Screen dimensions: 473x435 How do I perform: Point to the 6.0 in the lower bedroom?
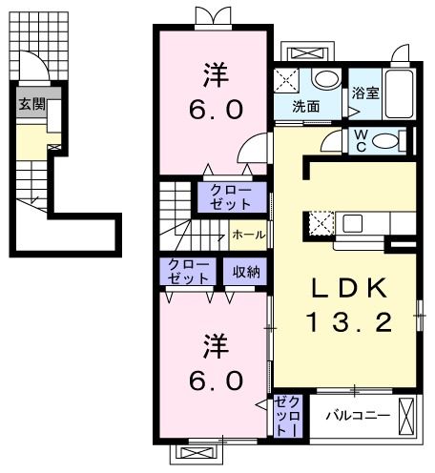[211, 378]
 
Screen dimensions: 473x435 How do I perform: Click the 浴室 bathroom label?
[364, 93]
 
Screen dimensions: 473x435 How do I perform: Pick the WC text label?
[362, 141]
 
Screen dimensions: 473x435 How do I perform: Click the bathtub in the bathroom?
[401, 95]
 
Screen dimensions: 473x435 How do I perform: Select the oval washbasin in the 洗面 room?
[325, 80]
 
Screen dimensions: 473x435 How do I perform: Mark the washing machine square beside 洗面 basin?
[286, 80]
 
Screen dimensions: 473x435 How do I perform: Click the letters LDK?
[348, 289]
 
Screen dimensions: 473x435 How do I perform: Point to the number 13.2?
[348, 322]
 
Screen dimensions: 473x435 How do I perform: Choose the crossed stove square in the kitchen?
[320, 225]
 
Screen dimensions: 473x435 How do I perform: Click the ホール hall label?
[248, 234]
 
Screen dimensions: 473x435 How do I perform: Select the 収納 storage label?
[246, 272]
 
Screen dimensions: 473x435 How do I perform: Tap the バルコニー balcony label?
[354, 416]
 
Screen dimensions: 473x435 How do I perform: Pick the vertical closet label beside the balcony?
[287, 418]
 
